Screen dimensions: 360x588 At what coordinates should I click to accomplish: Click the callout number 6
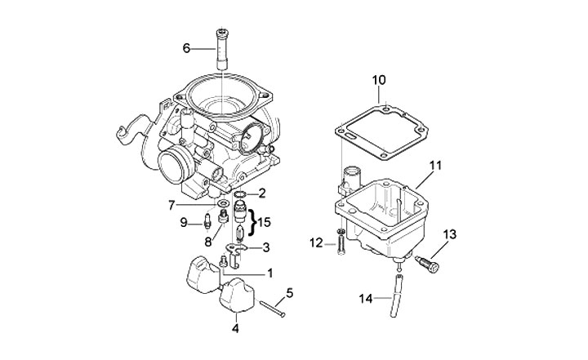pos(187,49)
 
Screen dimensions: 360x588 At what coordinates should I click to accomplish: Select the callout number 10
pos(379,80)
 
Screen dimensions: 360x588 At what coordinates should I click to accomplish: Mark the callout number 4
pos(235,329)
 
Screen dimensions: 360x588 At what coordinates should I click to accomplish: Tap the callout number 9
pos(185,222)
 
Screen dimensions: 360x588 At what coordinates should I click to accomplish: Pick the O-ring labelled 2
pos(240,194)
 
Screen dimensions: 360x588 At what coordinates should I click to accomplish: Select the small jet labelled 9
pos(208,220)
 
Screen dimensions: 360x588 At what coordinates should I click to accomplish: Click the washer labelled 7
pos(223,202)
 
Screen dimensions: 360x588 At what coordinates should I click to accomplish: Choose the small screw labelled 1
pos(223,261)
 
